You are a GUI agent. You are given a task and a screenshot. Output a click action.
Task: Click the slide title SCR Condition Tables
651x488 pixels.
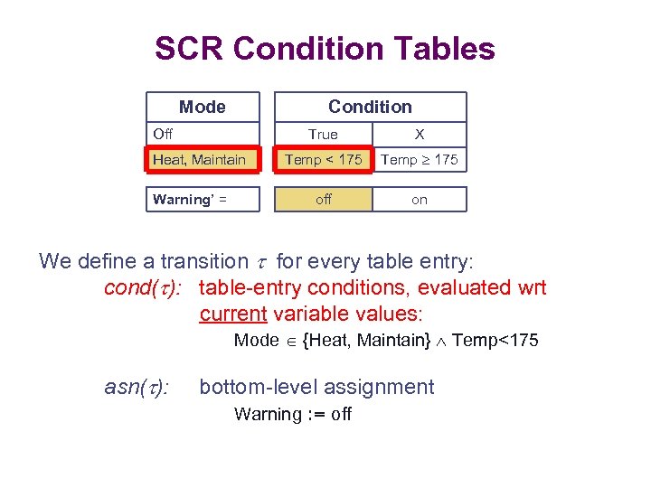point(325,48)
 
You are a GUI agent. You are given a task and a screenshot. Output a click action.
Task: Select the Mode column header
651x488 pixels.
point(203,107)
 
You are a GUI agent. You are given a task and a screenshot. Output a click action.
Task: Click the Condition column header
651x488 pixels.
point(370,107)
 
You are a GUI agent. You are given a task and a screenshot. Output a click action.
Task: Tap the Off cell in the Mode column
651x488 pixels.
point(164,134)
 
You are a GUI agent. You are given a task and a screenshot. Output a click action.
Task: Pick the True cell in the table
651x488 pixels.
point(323,135)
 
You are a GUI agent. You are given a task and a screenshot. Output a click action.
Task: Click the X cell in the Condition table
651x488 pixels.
point(419,135)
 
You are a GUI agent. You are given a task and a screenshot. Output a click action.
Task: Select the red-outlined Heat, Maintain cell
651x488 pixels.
point(201,160)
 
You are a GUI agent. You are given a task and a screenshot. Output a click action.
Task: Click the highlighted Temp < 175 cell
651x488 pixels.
point(324,160)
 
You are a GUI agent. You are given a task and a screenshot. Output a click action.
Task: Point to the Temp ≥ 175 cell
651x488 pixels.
point(420,160)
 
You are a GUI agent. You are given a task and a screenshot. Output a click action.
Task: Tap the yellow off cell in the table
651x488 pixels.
point(324,200)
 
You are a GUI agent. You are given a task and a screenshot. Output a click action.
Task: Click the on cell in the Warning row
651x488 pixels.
point(420,200)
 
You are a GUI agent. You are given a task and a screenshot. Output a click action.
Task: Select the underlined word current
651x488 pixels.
point(231,314)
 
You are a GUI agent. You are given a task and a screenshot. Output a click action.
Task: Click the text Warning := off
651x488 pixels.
point(293,415)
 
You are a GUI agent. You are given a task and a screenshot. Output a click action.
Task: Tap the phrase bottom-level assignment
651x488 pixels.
point(316,388)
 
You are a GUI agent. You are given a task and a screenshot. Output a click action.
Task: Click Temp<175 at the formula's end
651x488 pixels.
point(495,341)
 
